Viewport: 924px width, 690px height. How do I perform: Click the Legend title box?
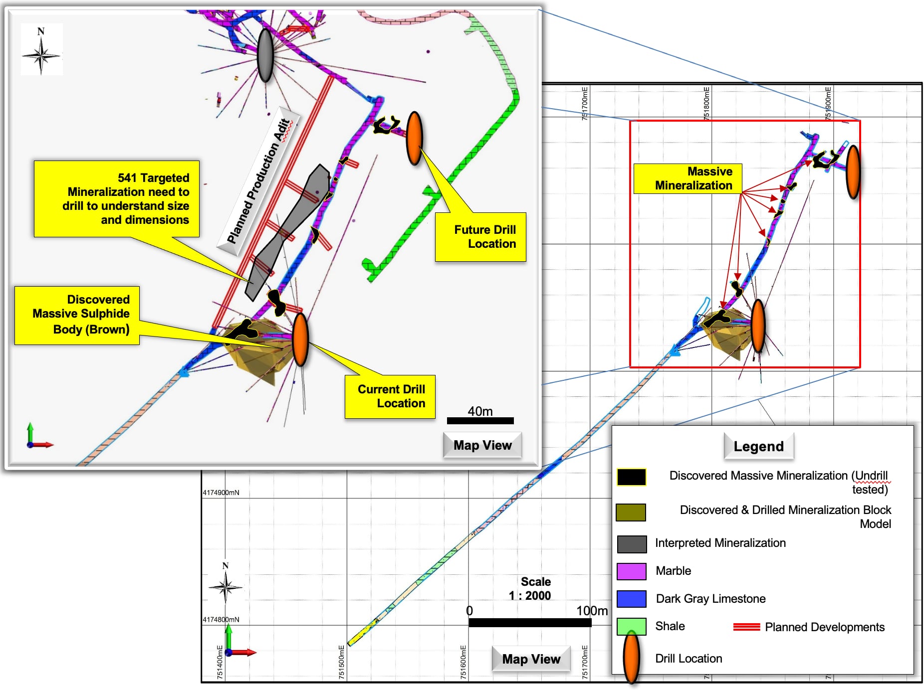point(758,446)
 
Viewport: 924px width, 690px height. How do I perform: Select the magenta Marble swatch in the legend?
point(631,571)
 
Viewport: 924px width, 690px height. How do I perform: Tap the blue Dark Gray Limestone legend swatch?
point(631,598)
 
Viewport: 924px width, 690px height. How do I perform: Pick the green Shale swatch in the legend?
point(631,626)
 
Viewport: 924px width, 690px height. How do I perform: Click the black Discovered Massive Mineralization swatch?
point(631,477)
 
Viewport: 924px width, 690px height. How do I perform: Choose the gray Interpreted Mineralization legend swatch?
point(631,544)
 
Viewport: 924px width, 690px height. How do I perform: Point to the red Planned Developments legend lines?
point(746,627)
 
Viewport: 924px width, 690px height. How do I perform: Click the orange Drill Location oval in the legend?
point(632,658)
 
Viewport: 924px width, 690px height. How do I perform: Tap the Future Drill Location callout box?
point(480,237)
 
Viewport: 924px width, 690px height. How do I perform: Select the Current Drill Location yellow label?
point(390,396)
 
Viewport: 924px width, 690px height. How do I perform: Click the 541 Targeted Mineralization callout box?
point(117,198)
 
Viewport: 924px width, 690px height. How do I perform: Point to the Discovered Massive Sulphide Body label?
point(77,315)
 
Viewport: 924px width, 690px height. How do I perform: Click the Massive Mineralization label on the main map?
point(688,178)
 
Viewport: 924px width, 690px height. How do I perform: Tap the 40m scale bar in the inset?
point(480,420)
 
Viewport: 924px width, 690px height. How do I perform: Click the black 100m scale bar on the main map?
point(530,623)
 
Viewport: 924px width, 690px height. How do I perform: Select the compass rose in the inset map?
point(41,50)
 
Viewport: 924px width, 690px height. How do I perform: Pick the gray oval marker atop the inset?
point(265,55)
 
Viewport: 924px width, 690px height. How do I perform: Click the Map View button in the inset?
point(482,445)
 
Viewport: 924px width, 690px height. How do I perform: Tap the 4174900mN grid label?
point(221,493)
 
